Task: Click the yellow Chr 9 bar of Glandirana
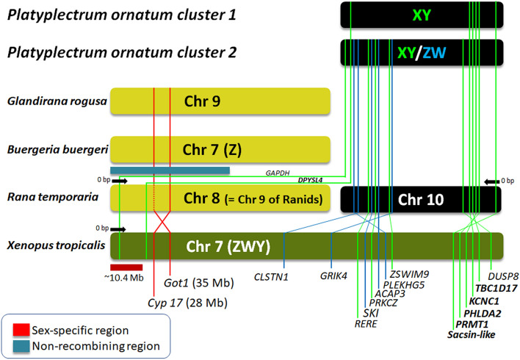pos(220,101)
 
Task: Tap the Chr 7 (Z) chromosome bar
pos(220,150)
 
